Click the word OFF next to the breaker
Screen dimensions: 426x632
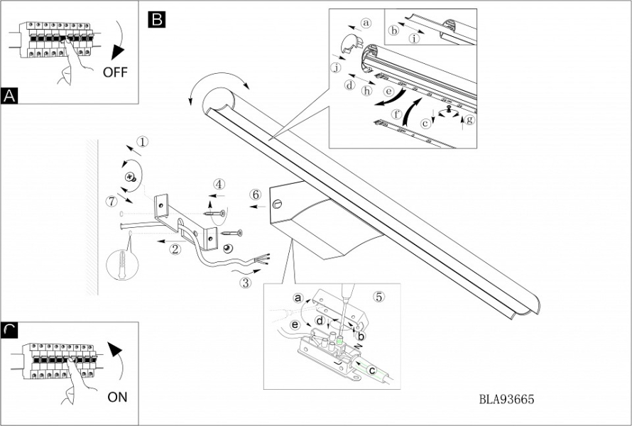[x=116, y=72]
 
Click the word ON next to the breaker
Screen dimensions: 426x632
[x=117, y=397]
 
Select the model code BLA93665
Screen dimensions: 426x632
[x=506, y=400]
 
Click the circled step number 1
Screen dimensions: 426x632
[x=143, y=141]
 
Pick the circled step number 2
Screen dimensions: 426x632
[x=174, y=248]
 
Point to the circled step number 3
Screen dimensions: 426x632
[x=245, y=283]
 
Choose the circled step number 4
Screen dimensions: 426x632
[x=219, y=184]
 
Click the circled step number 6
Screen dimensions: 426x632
[x=256, y=194]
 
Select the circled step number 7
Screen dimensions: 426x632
[x=110, y=201]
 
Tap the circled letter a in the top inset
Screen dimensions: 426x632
[x=366, y=23]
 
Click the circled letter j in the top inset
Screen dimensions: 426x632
[x=336, y=67]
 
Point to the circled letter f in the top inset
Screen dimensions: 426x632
[x=397, y=113]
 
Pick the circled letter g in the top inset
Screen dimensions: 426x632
[x=469, y=119]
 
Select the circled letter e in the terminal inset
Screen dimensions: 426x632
[x=295, y=324]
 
